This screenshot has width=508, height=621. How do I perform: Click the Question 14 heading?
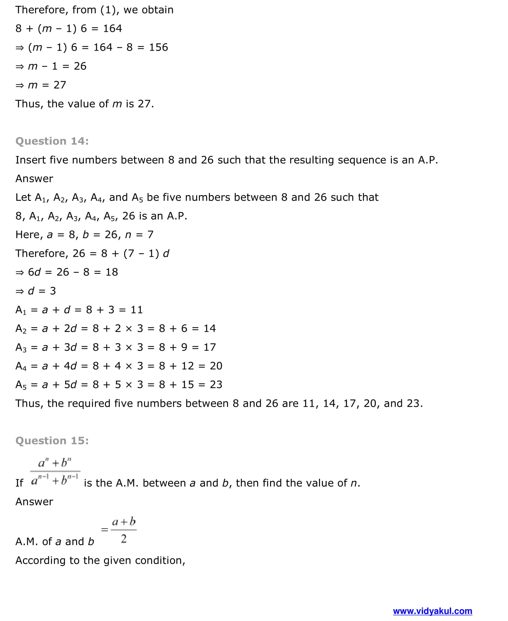point(52,141)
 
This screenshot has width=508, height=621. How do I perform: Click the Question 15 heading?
point(52,441)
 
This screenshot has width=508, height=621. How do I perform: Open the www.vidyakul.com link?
point(432,611)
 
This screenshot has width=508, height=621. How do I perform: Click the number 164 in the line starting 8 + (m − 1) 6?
point(112,28)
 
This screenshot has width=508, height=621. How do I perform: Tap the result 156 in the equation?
point(158,47)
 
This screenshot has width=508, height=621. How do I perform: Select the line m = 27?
point(41,85)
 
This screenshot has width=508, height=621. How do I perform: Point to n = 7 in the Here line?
point(139,235)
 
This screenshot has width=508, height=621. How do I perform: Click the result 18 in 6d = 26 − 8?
point(112,272)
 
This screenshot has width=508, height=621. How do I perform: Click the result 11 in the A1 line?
point(137,310)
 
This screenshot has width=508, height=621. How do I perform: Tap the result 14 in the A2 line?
point(209,328)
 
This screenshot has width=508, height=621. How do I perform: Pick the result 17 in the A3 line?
point(209,347)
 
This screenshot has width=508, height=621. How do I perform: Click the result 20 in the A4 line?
point(216,366)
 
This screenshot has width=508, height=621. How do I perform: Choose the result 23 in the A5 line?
point(216,385)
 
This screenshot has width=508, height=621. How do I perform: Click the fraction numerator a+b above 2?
point(124,522)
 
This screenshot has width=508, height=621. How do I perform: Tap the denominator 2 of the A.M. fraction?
point(124,539)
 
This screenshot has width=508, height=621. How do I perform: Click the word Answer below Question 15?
point(34,502)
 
